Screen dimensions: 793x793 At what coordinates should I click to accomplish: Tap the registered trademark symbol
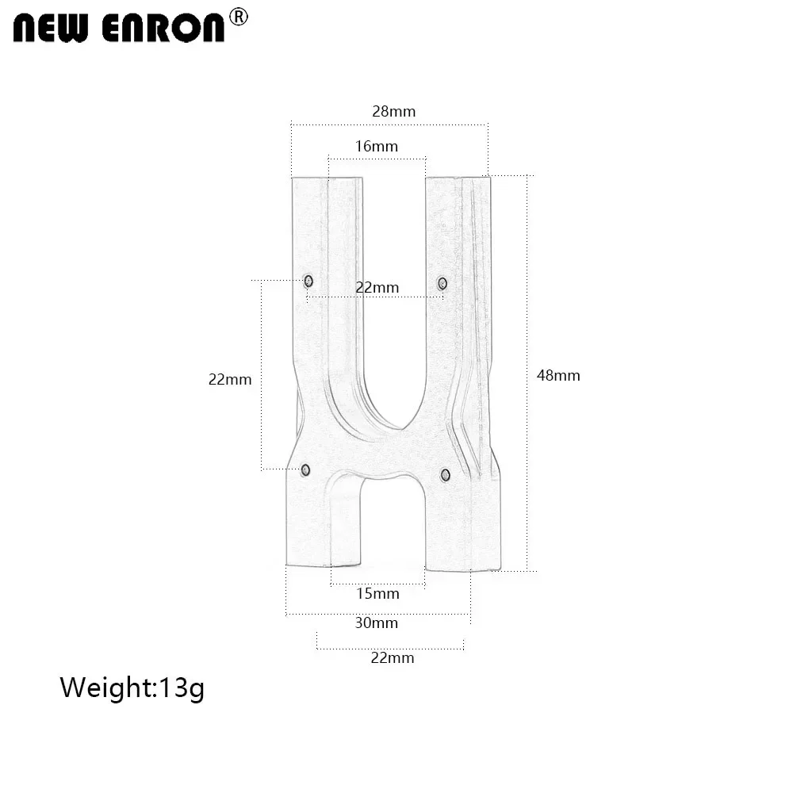coord(238,17)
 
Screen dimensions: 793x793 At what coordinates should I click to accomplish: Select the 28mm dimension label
coord(393,111)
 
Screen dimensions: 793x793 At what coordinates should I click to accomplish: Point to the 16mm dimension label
coord(377,146)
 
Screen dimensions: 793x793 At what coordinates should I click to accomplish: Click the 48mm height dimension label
coord(558,375)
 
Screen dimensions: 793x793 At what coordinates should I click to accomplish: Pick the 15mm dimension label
coord(377,593)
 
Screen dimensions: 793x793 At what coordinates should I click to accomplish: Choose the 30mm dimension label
coord(377,623)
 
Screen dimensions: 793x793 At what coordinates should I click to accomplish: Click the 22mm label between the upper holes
coord(377,287)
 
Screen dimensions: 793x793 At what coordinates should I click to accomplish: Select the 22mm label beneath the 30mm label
coord(393,657)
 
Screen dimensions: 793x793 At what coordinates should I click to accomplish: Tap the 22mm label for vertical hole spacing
coord(230,379)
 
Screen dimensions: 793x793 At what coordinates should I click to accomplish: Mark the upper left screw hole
coord(308,281)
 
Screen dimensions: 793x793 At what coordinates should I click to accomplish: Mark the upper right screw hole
coord(442,283)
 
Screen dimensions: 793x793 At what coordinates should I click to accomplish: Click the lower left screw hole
coord(305,470)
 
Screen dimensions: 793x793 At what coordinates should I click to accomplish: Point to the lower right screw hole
coord(445,474)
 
